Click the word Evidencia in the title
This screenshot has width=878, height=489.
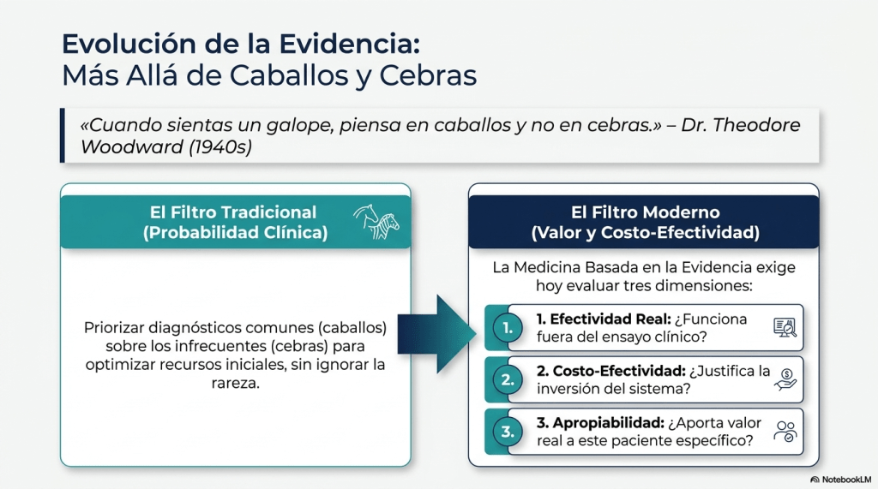pos(350,44)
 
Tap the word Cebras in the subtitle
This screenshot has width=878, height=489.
pos(428,75)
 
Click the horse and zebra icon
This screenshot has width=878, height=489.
pos(376,222)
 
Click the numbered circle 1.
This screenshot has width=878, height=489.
pos(508,328)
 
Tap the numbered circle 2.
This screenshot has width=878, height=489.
pos(508,380)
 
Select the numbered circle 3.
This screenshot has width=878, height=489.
pos(508,432)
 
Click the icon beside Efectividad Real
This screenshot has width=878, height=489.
pos(785,327)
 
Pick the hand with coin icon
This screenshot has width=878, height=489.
pos(785,379)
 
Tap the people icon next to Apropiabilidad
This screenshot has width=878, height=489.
pos(785,432)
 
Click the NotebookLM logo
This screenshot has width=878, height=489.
pos(841,480)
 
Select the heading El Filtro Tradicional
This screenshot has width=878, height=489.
pos(233,212)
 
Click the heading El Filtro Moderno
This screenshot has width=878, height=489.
pos(645,212)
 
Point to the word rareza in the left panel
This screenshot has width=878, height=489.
pos(235,384)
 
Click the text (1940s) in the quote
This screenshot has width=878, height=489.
pos(220,146)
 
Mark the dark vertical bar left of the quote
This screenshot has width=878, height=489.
pos(62,135)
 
